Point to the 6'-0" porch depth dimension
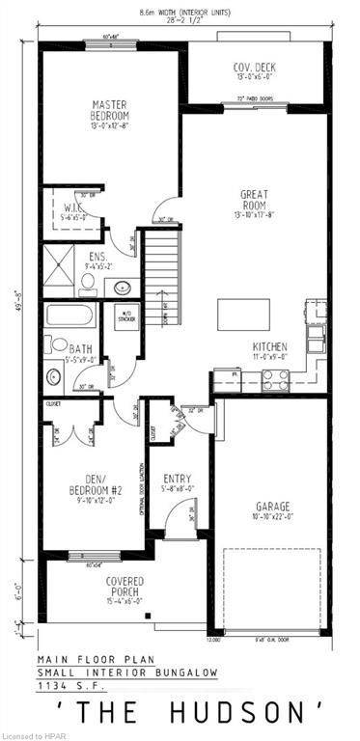(15, 588)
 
